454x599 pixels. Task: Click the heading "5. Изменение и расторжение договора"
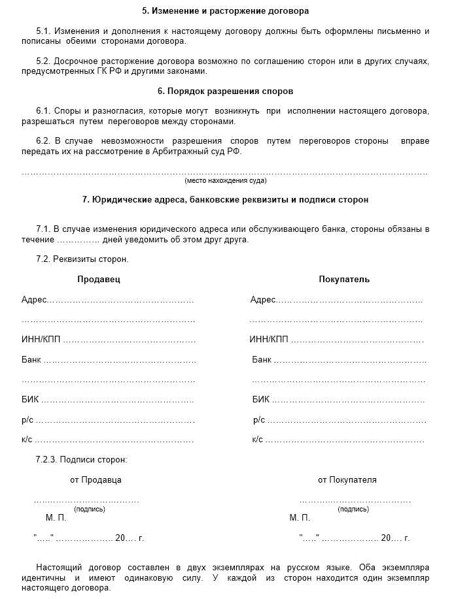click(225, 11)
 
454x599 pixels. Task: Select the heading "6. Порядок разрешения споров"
click(225, 91)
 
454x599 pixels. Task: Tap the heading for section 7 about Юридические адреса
click(225, 199)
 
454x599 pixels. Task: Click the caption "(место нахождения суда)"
click(225, 180)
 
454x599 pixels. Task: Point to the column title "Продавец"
click(99, 279)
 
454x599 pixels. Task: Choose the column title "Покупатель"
click(344, 279)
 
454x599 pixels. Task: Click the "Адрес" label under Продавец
click(34, 300)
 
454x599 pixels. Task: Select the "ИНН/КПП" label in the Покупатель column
click(268, 340)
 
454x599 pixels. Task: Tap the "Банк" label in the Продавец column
click(31, 360)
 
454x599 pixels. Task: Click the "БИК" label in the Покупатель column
click(260, 400)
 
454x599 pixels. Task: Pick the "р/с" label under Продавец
click(27, 419)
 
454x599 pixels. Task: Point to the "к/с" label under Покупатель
click(257, 440)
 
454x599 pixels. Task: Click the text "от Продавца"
click(96, 479)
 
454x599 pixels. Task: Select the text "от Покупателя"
click(347, 479)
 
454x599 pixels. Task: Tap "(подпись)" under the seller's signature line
click(90, 509)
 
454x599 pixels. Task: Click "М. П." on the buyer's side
click(300, 517)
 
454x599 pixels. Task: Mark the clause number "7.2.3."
click(46, 459)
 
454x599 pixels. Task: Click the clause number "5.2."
click(44, 61)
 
